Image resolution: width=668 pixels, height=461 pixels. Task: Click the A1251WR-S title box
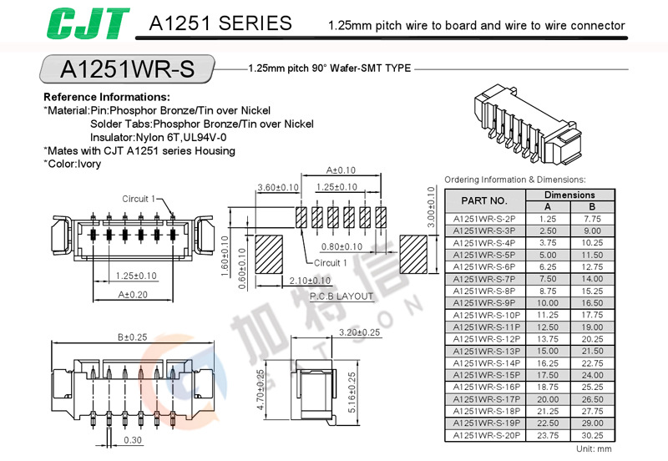pyautogui.click(x=127, y=68)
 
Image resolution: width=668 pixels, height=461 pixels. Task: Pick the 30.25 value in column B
pyautogui.click(x=592, y=435)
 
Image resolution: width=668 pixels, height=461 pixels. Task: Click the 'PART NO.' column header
pyautogui.click(x=484, y=200)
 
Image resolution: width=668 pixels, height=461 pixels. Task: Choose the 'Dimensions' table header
pyautogui.click(x=570, y=195)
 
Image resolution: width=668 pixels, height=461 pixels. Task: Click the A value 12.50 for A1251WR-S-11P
pyautogui.click(x=548, y=327)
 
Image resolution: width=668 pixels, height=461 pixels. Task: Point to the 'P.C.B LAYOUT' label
pyautogui.click(x=342, y=296)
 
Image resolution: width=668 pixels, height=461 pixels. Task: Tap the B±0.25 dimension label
pyautogui.click(x=132, y=337)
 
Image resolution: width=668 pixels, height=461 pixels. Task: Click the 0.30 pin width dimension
pyautogui.click(x=132, y=440)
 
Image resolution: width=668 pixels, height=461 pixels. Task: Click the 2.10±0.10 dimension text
pyautogui.click(x=310, y=281)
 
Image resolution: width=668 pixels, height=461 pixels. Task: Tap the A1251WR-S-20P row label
pyautogui.click(x=484, y=435)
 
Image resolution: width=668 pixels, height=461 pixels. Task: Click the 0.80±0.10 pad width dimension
pyautogui.click(x=342, y=246)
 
